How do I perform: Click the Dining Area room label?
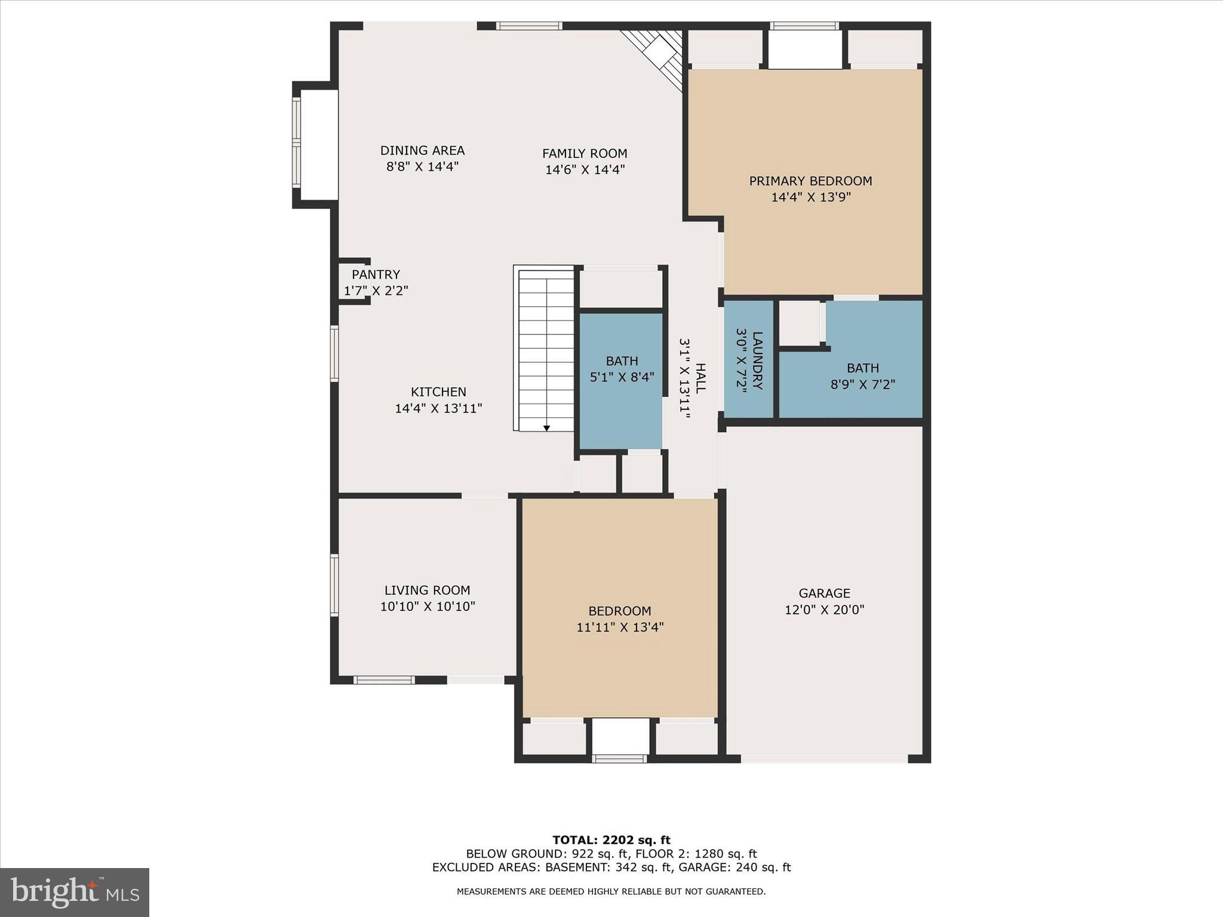(422, 150)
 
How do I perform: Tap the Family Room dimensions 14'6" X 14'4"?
(585, 170)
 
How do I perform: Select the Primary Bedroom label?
(810, 181)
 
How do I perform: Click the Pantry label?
(376, 275)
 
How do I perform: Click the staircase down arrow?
(546, 427)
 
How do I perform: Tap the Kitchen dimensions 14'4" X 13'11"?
(438, 408)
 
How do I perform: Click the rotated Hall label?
(700, 378)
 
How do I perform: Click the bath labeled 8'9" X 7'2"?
(862, 376)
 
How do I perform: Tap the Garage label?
(824, 593)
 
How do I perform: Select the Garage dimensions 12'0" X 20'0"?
(824, 610)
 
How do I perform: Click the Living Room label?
(427, 590)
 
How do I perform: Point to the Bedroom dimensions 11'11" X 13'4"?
(620, 627)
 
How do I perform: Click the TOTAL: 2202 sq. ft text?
(611, 840)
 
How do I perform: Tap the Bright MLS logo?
(75, 892)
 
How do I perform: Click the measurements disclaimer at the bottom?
(611, 891)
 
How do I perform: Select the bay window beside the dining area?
(316, 144)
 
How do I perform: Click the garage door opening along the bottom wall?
(824, 759)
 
